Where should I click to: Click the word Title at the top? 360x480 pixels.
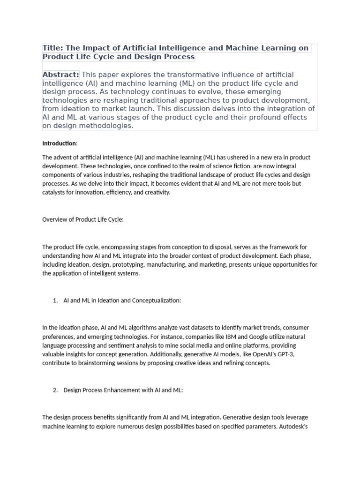point(52,48)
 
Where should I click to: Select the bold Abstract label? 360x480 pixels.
point(60,75)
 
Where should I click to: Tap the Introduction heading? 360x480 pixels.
point(59,143)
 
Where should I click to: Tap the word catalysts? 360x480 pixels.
point(55,193)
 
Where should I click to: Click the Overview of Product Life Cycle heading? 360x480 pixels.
point(83,219)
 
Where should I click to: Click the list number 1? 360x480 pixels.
point(55,300)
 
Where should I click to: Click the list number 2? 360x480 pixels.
point(55,390)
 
